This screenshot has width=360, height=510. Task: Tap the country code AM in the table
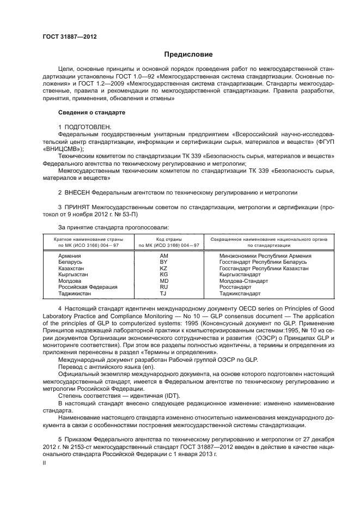click(164, 256)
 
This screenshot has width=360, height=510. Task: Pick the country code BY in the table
click(163, 262)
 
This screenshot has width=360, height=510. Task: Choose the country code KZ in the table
click(163, 268)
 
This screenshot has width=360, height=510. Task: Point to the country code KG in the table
click(163, 274)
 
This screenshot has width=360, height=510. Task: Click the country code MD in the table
click(163, 281)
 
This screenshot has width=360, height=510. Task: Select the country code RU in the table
click(163, 287)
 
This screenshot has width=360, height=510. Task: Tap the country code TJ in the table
click(163, 293)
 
